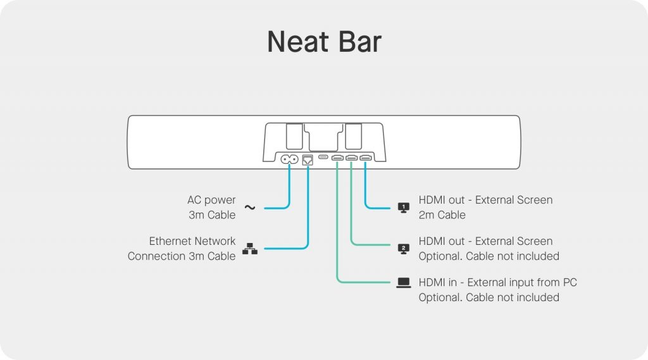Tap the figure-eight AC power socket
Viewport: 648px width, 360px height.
pyautogui.click(x=289, y=159)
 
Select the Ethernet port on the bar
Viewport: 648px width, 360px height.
pyautogui.click(x=308, y=159)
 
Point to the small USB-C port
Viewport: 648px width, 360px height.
pyautogui.click(x=323, y=157)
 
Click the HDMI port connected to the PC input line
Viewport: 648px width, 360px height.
pyautogui.click(x=337, y=158)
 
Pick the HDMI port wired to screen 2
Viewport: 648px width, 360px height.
pyautogui.click(x=351, y=158)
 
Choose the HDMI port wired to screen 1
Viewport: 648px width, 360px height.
pyautogui.click(x=365, y=158)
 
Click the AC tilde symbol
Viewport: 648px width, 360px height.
pyautogui.click(x=249, y=208)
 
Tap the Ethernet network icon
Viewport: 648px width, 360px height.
pyautogui.click(x=249, y=249)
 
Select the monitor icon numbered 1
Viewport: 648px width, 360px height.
pyautogui.click(x=403, y=208)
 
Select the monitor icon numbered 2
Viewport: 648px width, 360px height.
pyautogui.click(x=403, y=249)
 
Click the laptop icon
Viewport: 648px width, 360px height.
pyautogui.click(x=403, y=283)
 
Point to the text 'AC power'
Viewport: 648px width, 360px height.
pyautogui.click(x=211, y=200)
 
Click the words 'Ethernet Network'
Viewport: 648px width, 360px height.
pyautogui.click(x=192, y=241)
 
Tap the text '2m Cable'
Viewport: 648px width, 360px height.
pyautogui.click(x=442, y=215)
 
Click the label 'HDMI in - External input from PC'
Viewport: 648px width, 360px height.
pyautogui.click(x=497, y=282)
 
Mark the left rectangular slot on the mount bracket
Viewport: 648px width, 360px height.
pyautogui.click(x=294, y=137)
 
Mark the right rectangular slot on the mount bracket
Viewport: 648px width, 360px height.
pyautogui.click(x=353, y=137)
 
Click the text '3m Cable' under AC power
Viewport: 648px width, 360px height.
pyautogui.click(x=212, y=215)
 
